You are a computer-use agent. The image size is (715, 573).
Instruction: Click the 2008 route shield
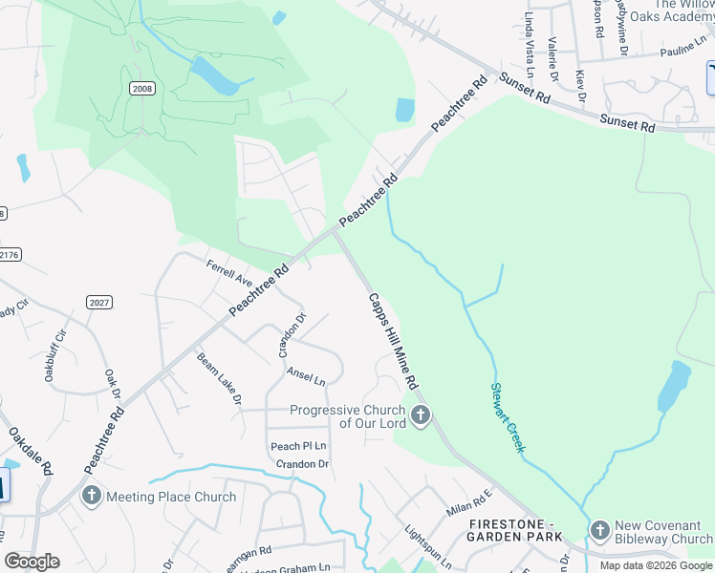tap(141, 88)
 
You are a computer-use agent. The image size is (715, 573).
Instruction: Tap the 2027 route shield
tap(98, 303)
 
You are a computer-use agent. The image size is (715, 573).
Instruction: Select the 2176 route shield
tap(8, 254)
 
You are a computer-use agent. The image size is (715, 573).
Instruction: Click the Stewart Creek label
tap(507, 417)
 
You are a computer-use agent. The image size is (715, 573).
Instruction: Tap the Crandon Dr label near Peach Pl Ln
tap(302, 464)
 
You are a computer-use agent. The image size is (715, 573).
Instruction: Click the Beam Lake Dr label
tap(219, 378)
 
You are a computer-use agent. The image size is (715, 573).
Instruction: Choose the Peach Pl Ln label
tap(298, 446)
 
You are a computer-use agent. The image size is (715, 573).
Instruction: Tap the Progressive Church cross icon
tap(421, 416)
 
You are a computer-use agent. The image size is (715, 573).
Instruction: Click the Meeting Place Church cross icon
tap(92, 496)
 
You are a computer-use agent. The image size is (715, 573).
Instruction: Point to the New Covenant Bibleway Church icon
tap(599, 530)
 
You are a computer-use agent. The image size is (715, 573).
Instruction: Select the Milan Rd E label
tap(467, 504)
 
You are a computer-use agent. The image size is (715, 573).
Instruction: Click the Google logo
tap(32, 562)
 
